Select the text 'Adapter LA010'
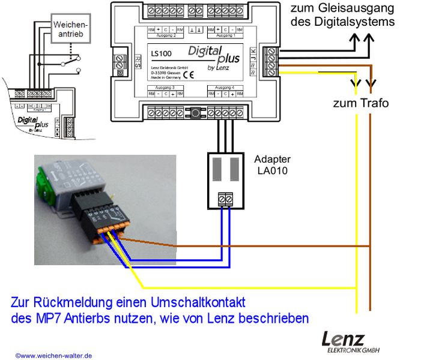pos(272,165)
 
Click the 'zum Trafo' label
pos(361,103)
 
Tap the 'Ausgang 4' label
pos(220,88)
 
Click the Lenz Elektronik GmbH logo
pos(351,342)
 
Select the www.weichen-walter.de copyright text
pos(53,355)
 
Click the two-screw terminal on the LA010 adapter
pos(226,198)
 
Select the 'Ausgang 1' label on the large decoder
pos(220,35)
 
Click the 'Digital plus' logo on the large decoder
pos(213,55)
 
